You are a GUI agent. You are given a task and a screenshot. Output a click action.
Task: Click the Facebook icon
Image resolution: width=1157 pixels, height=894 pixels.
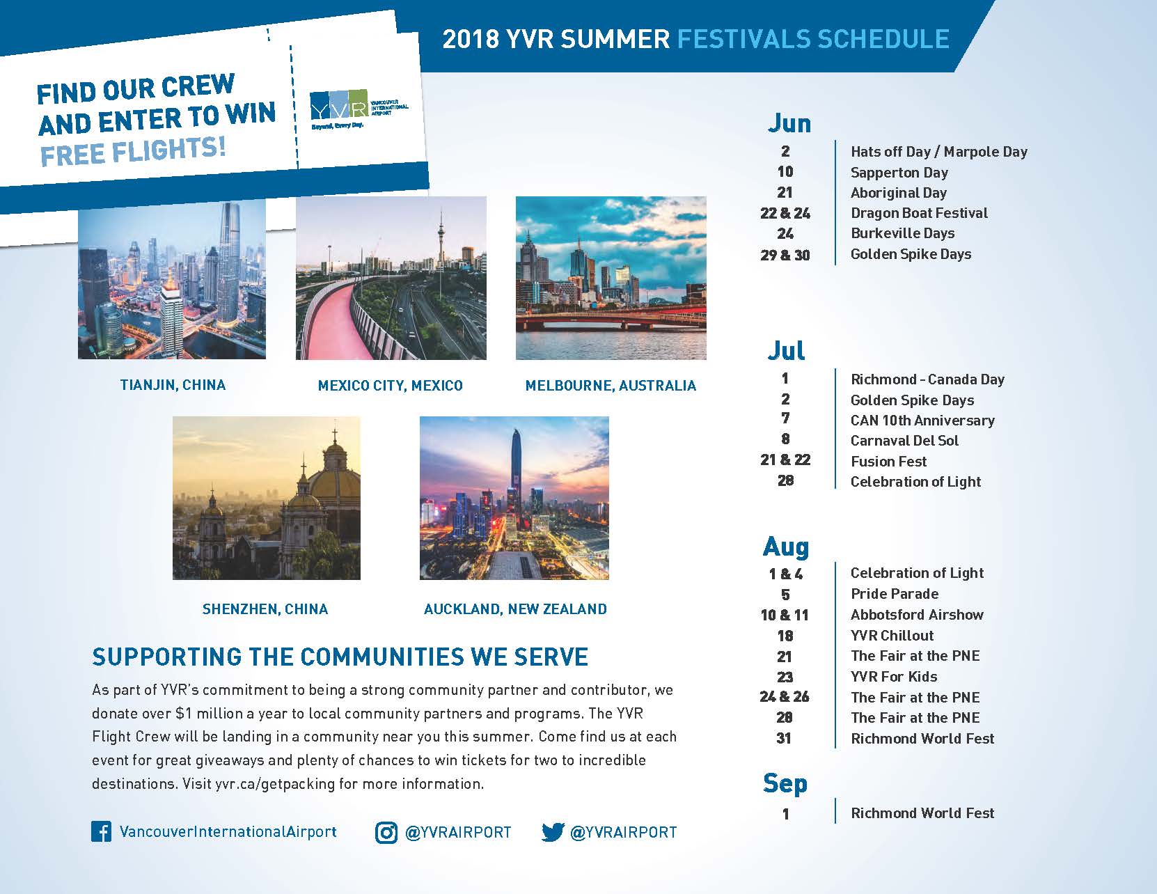(101, 831)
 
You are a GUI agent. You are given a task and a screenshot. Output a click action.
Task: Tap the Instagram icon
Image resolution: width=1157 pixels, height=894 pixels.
(386, 832)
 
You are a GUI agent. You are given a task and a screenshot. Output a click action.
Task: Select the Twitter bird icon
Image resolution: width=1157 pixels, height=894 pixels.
(553, 832)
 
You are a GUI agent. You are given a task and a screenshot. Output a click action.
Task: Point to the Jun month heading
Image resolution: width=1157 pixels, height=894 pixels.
(789, 123)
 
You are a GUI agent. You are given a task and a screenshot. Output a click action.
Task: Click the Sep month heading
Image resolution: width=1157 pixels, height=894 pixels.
(785, 784)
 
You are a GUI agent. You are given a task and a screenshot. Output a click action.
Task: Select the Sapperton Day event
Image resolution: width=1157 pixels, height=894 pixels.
(899, 173)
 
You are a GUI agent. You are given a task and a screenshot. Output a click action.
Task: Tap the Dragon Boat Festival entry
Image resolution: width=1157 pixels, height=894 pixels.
(919, 213)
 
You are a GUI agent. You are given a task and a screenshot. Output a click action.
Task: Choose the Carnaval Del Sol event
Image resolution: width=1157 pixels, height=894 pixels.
(904, 440)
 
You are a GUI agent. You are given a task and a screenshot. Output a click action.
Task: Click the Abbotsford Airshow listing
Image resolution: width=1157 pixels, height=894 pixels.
(917, 615)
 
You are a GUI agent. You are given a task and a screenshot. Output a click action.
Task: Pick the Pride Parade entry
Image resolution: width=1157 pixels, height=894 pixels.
(895, 594)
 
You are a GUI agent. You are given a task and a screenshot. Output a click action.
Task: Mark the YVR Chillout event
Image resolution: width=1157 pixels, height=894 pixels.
(892, 635)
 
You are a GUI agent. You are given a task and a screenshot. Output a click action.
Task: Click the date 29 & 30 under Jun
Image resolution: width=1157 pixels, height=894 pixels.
(785, 255)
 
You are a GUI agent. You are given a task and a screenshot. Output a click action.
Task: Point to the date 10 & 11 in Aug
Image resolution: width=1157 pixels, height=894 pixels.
(785, 615)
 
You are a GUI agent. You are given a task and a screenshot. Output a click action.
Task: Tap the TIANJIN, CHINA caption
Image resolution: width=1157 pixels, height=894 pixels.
(173, 385)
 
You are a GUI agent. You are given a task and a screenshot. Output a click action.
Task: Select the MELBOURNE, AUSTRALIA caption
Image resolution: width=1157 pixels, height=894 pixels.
(611, 386)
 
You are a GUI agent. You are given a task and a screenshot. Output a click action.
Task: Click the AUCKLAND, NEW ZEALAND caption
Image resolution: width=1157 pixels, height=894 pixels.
(515, 609)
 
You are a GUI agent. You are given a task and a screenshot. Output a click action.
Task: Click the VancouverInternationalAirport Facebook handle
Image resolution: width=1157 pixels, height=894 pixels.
(228, 832)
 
